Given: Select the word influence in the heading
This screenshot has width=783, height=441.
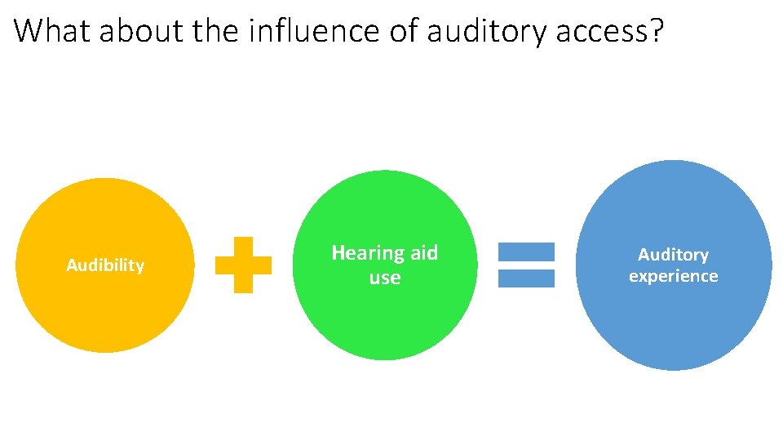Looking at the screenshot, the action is pos(315,31).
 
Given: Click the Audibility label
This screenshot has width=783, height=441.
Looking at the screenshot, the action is pos(105,265).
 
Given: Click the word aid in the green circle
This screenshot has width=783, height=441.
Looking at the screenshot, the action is pos(423,253).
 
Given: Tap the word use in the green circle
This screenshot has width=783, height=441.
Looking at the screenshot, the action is pos(385,278).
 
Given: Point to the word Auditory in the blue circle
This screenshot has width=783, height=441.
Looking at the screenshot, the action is pos(673,255).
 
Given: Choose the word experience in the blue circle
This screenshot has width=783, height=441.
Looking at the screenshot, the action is pos(673,276).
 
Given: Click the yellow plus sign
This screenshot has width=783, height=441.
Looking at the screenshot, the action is pos(243,265).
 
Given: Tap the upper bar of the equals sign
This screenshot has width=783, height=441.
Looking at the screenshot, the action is pos(526,252).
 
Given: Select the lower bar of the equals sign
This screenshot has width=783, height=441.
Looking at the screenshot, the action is pos(526,278).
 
